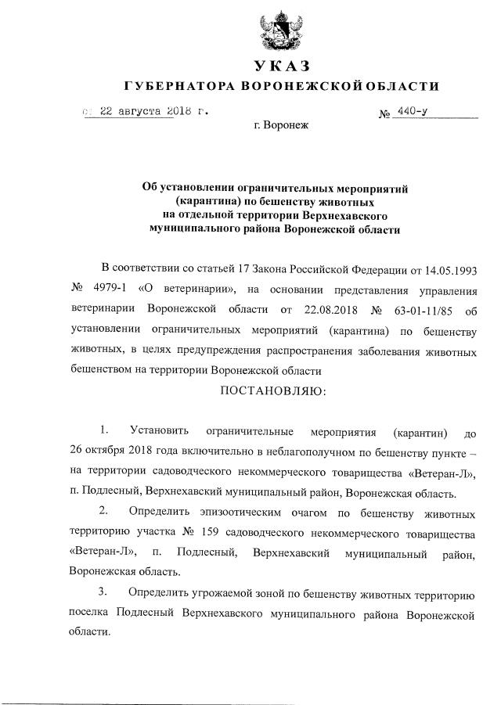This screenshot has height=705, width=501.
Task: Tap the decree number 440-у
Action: pyautogui.click(x=411, y=111)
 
